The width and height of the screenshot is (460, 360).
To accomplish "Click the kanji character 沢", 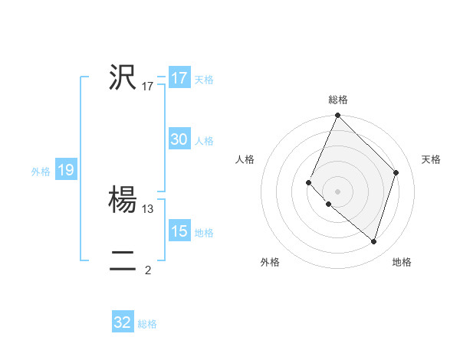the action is pos(123,78).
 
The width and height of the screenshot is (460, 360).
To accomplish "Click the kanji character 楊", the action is pos(123,200).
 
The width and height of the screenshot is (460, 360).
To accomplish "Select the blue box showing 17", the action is pos(179,78).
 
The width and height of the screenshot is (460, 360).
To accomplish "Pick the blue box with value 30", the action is pos(179,139).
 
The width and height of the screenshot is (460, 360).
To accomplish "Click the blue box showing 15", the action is pos(179,231).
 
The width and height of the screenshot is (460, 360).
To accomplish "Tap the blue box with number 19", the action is pos(66,170).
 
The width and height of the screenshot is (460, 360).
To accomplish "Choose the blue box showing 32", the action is pos(123,322).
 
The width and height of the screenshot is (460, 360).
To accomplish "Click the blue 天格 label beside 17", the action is pos(204,80).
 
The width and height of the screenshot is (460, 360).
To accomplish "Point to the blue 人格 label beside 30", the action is pos(204,141).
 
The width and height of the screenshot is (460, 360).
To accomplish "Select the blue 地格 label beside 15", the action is pos(204,233).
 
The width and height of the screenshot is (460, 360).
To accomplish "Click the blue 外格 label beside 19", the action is pos(41,172).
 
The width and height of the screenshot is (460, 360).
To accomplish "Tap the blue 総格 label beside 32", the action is pos(147,324).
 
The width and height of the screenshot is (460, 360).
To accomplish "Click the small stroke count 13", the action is pos(148,208).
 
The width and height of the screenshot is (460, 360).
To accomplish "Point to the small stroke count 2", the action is pos(148,270).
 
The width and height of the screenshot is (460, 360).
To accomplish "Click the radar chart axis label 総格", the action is pos(338,100).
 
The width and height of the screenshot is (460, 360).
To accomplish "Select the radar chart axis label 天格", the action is pos(431,159).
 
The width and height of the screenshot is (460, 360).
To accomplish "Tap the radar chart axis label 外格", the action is pos(270,262).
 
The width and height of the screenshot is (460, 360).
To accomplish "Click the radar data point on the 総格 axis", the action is pos(338,116).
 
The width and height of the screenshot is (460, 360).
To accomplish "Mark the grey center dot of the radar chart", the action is pos(338,191).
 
